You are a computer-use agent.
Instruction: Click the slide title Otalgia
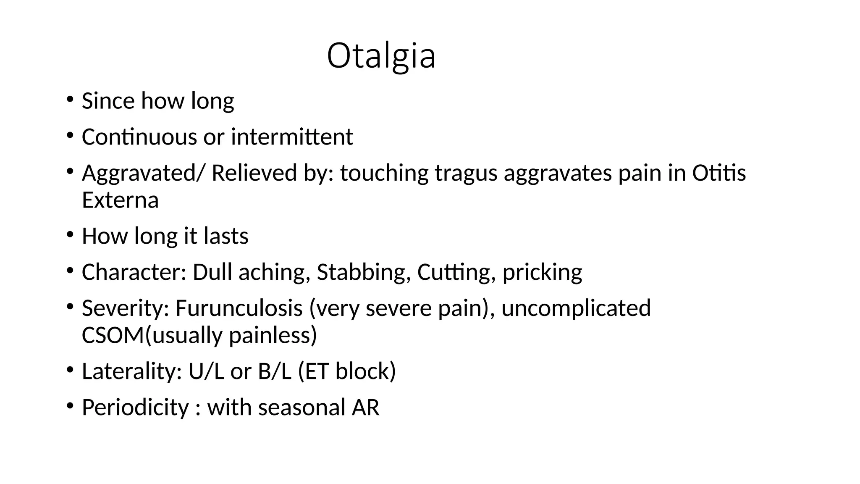tap(381, 56)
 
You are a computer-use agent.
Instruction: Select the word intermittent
tap(292, 137)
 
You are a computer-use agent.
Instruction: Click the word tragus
tap(466, 173)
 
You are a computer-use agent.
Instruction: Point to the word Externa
tap(120, 200)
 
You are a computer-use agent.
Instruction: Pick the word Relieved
tap(254, 173)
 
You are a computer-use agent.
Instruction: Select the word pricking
tap(542, 272)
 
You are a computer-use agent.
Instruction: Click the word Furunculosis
tap(239, 308)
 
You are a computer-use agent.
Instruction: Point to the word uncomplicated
tap(576, 308)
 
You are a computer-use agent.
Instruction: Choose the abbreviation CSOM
tap(113, 335)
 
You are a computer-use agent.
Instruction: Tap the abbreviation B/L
tap(274, 371)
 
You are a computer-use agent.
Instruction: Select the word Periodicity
tap(135, 408)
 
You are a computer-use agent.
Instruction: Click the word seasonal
tap(301, 408)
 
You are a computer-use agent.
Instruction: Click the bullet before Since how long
tap(70, 100)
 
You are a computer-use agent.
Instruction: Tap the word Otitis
tap(719, 173)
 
